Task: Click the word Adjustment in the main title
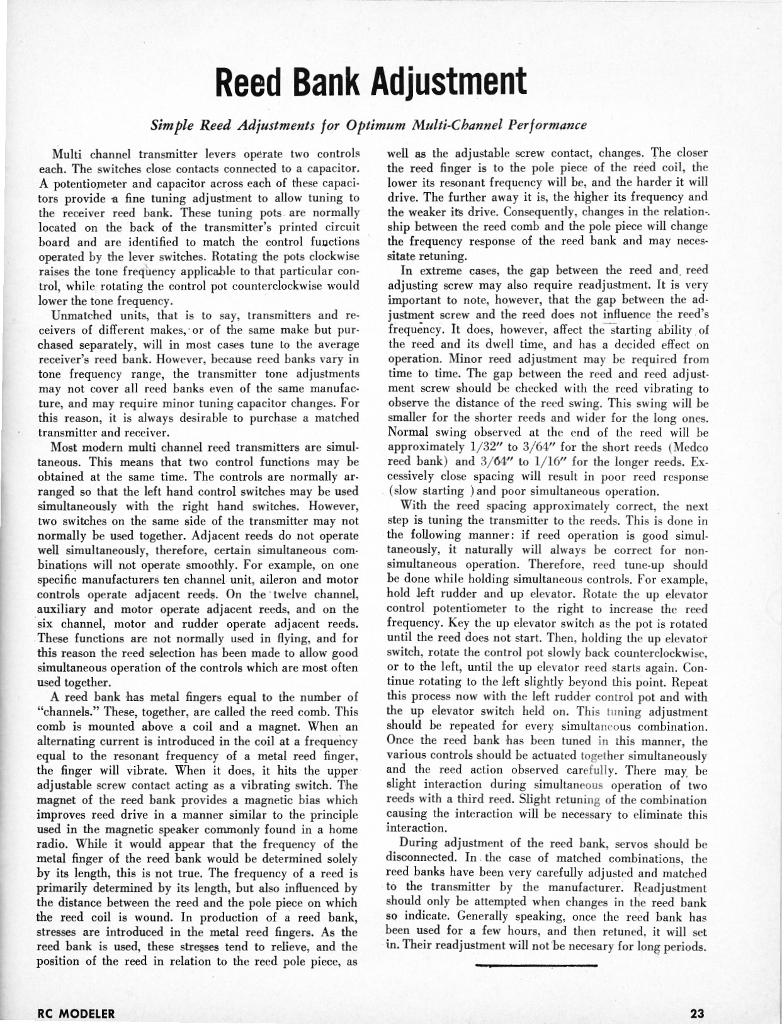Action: (x=447, y=81)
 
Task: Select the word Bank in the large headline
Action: (x=331, y=81)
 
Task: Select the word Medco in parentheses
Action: (x=689, y=448)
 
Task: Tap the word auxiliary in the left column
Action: (x=65, y=610)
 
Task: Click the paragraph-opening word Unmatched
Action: (x=79, y=316)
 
